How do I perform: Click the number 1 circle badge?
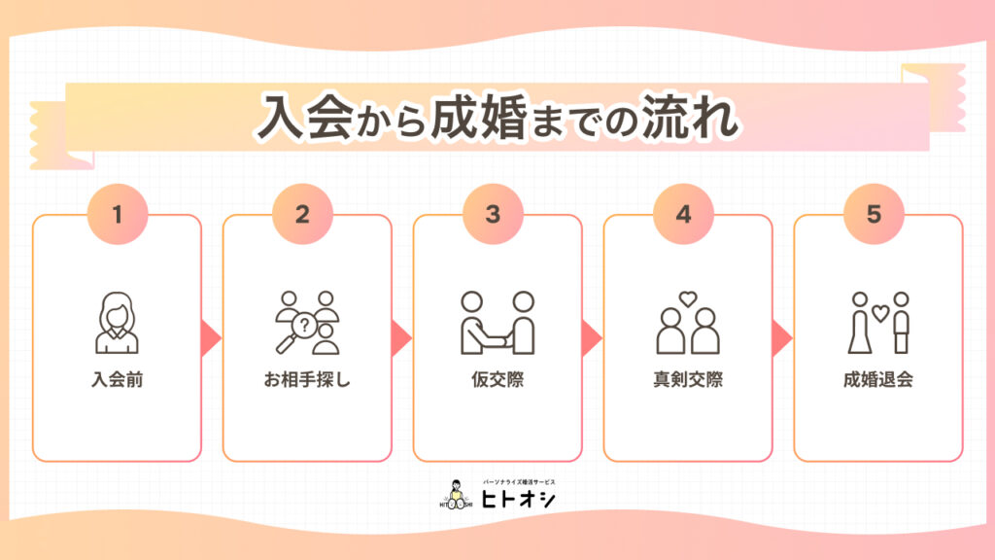(x=117, y=214)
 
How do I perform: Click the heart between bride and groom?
(x=879, y=313)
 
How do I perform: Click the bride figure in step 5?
(x=858, y=325)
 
